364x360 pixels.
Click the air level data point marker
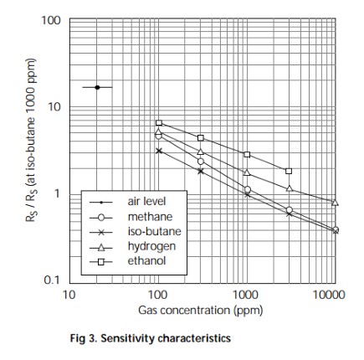(97, 87)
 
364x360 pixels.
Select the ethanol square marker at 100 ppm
(159, 123)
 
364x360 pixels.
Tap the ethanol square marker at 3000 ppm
(289, 171)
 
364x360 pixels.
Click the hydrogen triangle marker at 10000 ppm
(335, 203)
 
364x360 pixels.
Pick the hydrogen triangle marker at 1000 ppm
(247, 172)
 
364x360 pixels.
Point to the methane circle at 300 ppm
(201, 162)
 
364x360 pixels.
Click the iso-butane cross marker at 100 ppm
(159, 151)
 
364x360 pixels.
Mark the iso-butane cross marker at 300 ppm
(201, 171)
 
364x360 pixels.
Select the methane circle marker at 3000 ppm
(290, 210)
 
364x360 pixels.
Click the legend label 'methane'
(150, 217)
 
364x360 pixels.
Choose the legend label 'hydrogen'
(151, 246)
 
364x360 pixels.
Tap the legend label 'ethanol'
(146, 261)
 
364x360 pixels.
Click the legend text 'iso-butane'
(154, 231)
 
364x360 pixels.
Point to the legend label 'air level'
(146, 202)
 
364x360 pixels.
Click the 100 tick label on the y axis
(51, 20)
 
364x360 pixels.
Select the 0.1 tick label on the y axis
(52, 280)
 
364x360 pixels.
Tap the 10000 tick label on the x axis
(329, 295)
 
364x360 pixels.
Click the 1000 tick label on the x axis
(246, 295)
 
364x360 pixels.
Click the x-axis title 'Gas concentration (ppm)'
(201, 311)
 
